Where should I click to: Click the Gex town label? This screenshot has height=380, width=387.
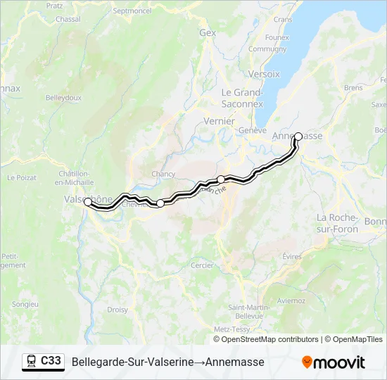[x=208, y=32]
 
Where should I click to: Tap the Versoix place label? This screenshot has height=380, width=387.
[x=264, y=74]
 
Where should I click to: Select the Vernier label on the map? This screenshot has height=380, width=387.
[x=219, y=121]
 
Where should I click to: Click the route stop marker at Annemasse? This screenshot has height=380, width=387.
[x=298, y=137]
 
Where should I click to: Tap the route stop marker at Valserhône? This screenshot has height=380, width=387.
[x=87, y=201]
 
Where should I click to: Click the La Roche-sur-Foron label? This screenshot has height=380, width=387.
[x=338, y=223]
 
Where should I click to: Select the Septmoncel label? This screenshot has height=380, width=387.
[x=132, y=11]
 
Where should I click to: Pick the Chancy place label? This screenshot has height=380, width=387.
[x=163, y=174]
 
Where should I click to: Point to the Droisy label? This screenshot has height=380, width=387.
[x=118, y=309]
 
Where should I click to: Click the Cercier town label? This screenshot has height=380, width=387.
[x=203, y=265]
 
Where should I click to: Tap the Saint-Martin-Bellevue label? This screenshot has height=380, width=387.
[x=246, y=312]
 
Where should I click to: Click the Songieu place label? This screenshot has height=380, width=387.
[x=25, y=304]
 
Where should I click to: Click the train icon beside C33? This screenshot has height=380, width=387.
[x=32, y=362]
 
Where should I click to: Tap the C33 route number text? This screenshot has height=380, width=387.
[x=51, y=361]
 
